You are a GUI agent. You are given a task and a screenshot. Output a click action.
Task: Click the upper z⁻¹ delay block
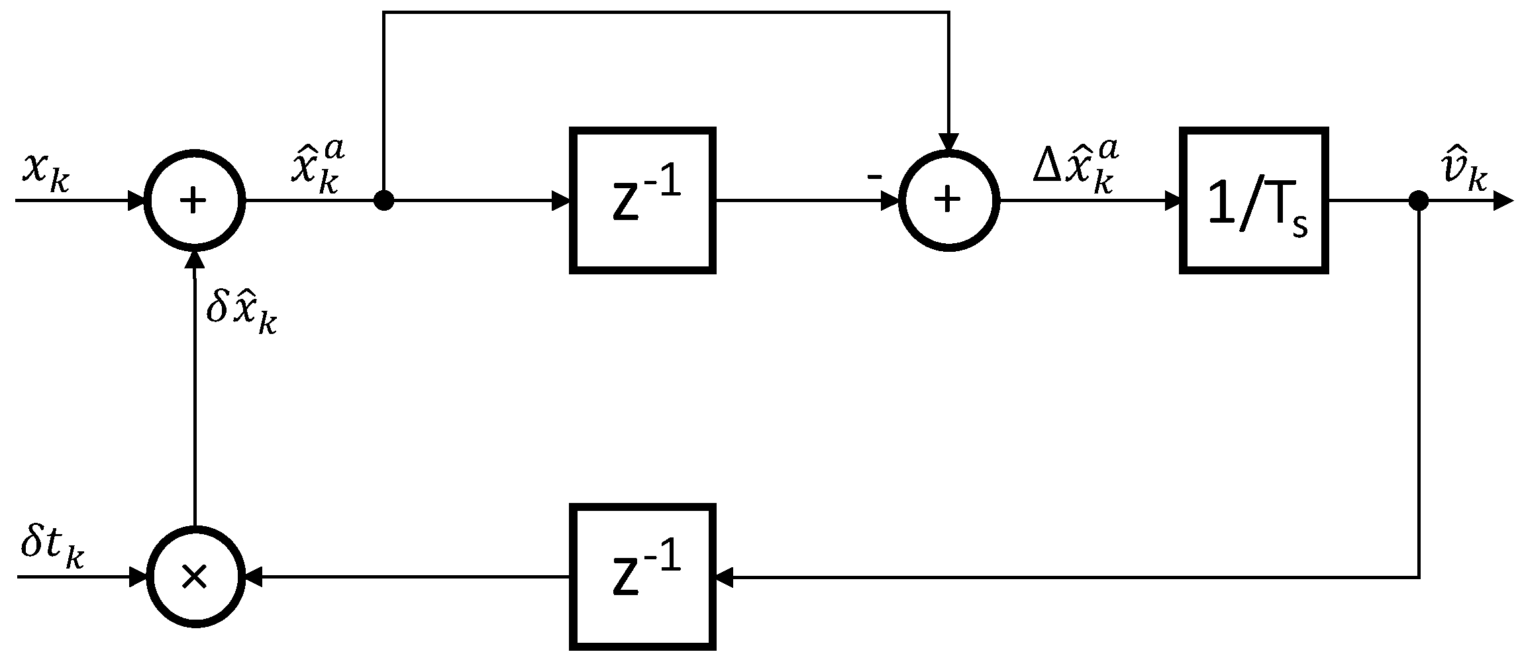pos(642,200)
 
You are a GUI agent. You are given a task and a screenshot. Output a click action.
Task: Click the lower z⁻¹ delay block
pos(642,577)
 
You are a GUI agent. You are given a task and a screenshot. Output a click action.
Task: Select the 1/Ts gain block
pos(1254,200)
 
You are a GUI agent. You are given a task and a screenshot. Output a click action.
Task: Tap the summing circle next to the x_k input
pos(195,200)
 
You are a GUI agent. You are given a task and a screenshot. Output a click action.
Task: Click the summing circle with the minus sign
pos(949,200)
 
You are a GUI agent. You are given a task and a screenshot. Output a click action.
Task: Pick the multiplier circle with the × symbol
pos(195,577)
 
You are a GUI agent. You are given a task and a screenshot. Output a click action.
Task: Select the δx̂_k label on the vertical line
pos(240,313)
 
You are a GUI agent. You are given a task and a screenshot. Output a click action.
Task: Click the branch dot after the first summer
pos(383,200)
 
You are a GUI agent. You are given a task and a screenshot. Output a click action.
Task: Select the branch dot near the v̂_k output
pos(1418,200)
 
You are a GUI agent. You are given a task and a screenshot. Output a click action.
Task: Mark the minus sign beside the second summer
pos(874,176)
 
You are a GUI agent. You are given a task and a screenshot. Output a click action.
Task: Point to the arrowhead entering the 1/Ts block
pos(1172,200)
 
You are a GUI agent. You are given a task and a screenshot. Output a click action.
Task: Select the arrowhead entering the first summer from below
pos(195,259)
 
